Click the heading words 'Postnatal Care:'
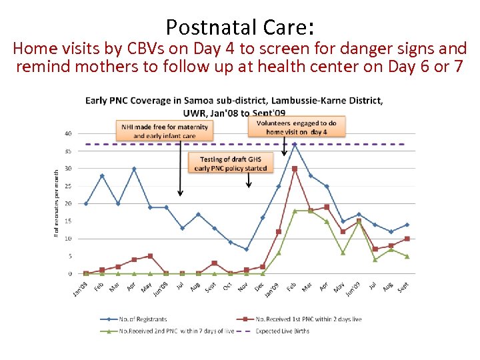coord(240,27)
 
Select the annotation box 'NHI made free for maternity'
coord(165,131)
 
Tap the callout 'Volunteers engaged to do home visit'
coord(297,127)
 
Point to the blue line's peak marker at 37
coord(295,144)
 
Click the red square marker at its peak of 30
coord(295,169)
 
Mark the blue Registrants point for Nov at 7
coord(246,249)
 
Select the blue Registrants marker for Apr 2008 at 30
coord(134,169)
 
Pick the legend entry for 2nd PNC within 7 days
coord(167,331)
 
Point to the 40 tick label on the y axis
coord(68,133)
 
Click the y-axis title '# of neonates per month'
coord(57,203)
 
